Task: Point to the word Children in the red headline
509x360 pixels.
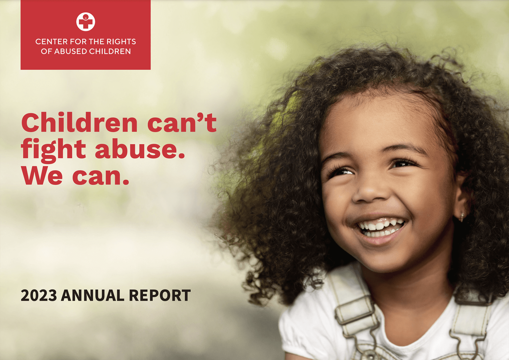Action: [x=79, y=123]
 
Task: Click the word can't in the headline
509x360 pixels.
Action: [x=182, y=123]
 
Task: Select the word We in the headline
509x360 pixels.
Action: [x=42, y=176]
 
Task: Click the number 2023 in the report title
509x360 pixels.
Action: [x=39, y=296]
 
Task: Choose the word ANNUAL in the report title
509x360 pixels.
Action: [x=92, y=296]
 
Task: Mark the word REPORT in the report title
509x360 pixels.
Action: [x=160, y=296]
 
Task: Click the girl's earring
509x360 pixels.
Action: [x=462, y=217]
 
